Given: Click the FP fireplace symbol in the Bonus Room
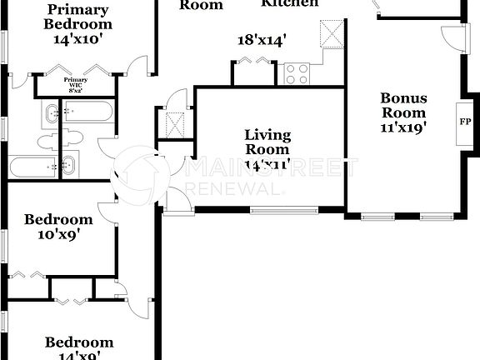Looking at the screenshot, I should tap(464, 121).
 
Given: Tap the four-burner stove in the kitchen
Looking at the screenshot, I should tap(297, 74).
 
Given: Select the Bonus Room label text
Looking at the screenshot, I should tap(403, 104).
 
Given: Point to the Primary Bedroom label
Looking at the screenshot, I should tap(77, 17).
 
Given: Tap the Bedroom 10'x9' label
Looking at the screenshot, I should tap(57, 227).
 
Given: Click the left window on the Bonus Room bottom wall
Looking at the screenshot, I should tap(379, 217).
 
